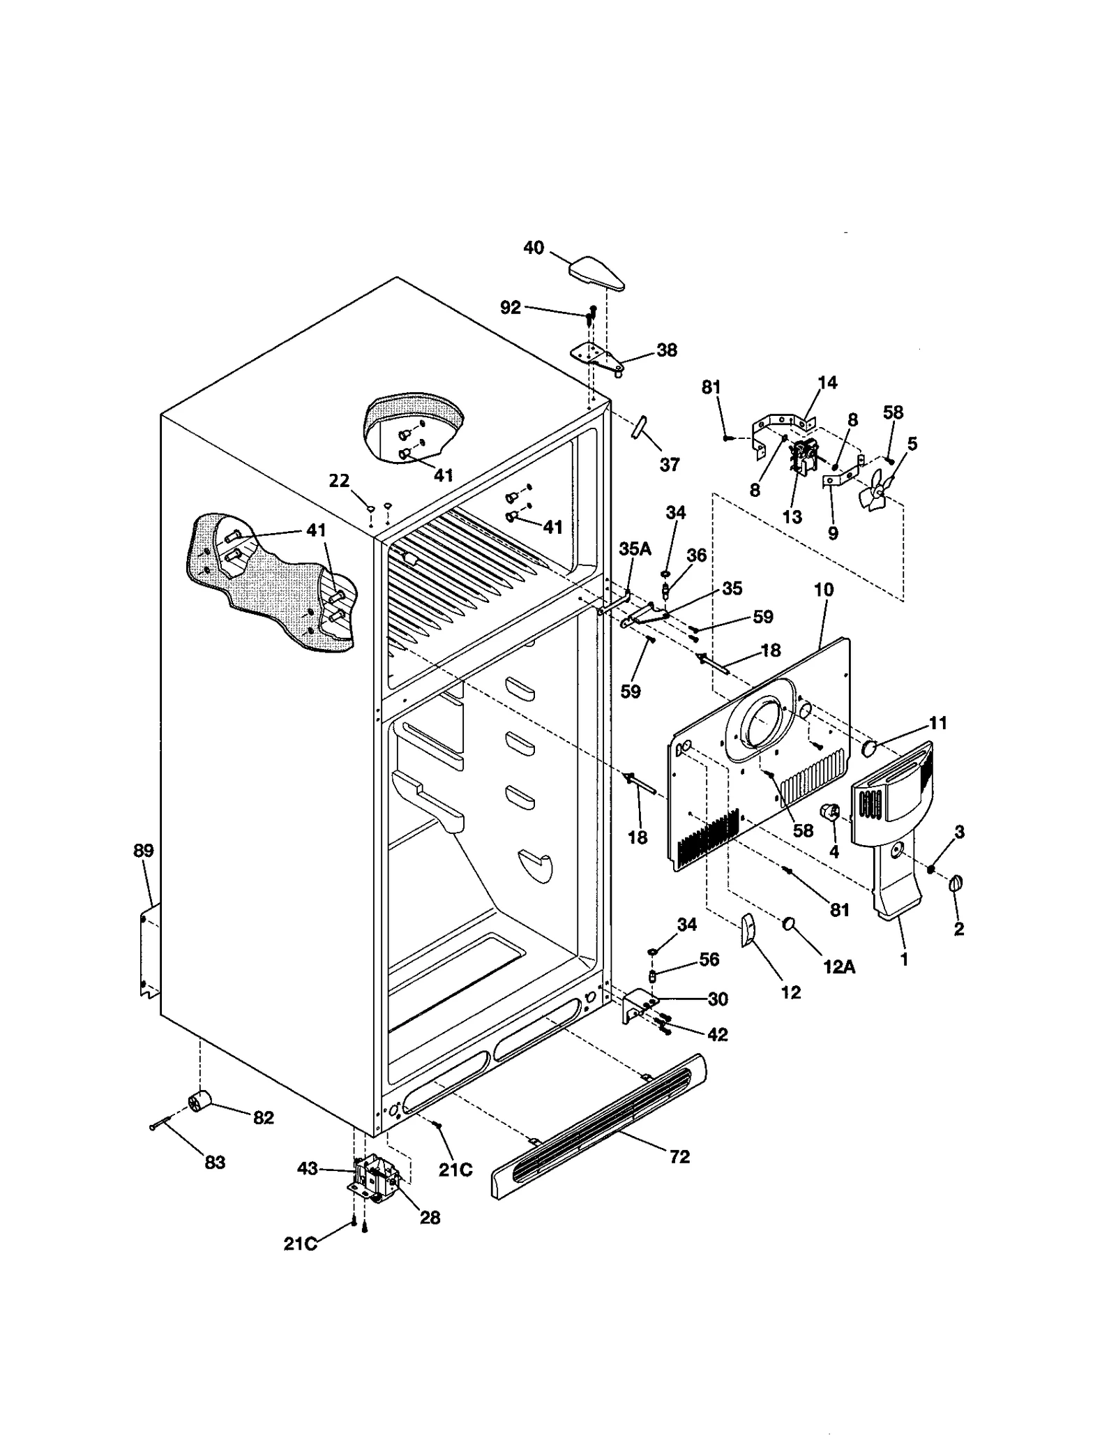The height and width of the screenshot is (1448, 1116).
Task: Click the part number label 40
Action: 533,248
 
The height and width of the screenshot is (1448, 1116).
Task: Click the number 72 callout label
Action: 679,1156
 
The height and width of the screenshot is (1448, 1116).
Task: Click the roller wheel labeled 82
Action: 199,1102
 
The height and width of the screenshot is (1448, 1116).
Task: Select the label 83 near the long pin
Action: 215,1163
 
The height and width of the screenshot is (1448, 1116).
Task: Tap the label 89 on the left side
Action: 144,851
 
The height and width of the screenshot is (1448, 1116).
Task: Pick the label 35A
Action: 635,549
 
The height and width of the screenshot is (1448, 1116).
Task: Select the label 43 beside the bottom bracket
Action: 308,1168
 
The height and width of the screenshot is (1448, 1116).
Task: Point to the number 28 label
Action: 430,1217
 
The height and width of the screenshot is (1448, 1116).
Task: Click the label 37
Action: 669,464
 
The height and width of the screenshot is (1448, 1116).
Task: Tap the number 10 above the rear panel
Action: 824,590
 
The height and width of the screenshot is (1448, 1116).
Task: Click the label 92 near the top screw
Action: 511,307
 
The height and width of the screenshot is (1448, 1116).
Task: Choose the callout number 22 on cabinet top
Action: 339,481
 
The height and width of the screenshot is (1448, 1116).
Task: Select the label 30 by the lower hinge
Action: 718,999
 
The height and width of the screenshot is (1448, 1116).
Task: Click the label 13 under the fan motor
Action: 792,517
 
